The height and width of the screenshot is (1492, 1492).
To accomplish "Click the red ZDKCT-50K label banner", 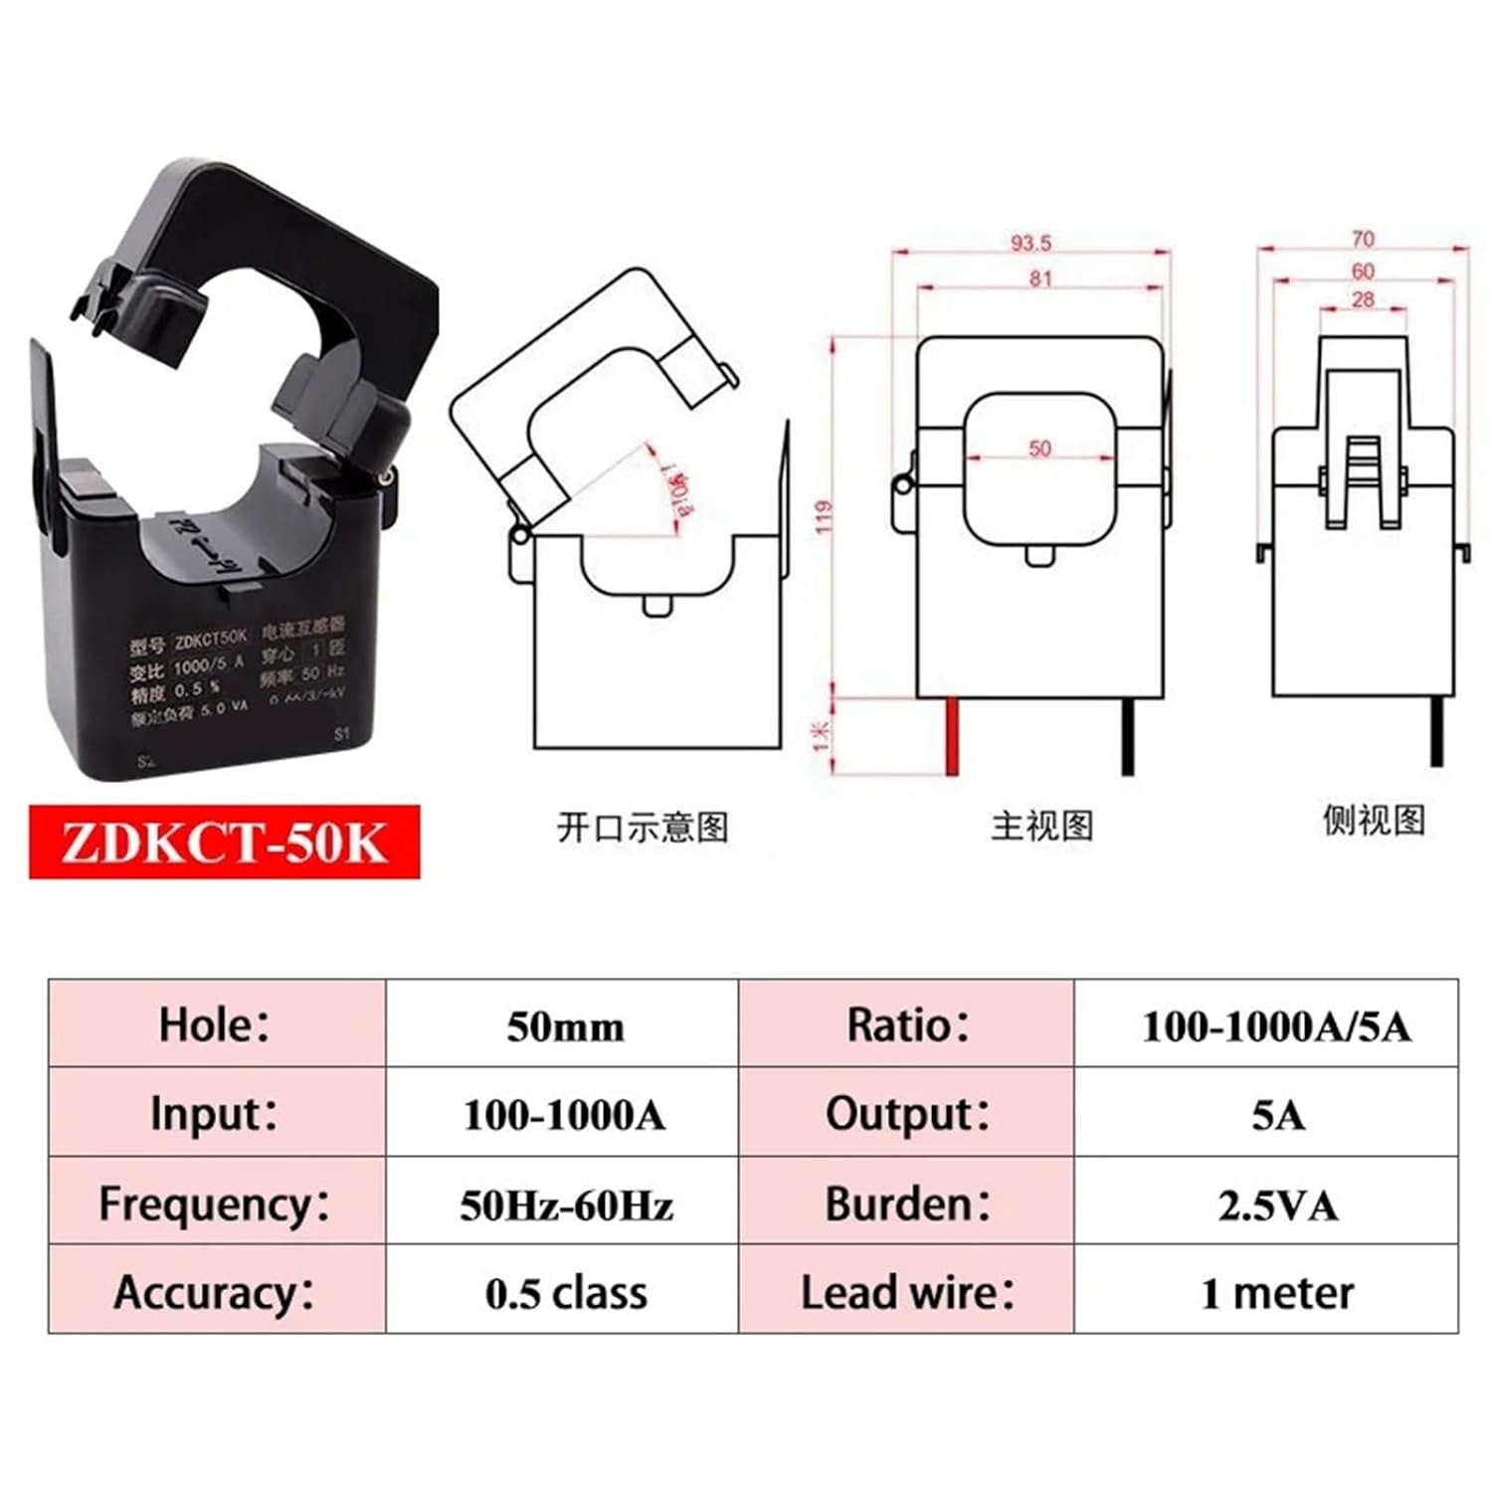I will coord(224,841).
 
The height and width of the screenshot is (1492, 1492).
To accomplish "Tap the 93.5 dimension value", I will coord(1030,243).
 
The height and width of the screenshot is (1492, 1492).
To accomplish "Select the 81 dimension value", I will coord(1040,279).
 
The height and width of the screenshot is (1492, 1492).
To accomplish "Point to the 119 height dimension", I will coord(824,516).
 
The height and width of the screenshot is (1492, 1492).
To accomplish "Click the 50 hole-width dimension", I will coord(1039,449).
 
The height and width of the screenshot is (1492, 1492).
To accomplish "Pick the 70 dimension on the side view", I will coord(1363,239).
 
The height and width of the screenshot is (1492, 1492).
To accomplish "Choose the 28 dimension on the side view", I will coord(1363,298).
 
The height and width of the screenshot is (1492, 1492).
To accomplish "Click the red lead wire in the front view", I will coord(952,736).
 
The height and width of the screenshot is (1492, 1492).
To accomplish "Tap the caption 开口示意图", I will coord(643,827).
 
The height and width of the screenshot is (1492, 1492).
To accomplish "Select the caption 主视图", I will coord(1041,825).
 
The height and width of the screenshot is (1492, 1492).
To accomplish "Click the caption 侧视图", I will coord(1373,820).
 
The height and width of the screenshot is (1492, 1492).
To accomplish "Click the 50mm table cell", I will coord(565,1026).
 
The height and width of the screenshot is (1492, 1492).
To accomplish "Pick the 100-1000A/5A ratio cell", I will coord(1276,1026).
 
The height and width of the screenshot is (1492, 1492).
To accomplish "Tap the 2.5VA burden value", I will coord(1277,1206).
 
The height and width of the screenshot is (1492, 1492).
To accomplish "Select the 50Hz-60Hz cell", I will coord(565,1206).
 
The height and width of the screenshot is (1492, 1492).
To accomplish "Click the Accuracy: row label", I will coord(214,1293).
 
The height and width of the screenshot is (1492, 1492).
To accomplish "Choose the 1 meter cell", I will coord(1277,1293).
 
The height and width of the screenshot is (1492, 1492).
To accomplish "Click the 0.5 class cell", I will coord(565,1293).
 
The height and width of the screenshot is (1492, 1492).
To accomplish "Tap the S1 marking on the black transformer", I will coord(342,734).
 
